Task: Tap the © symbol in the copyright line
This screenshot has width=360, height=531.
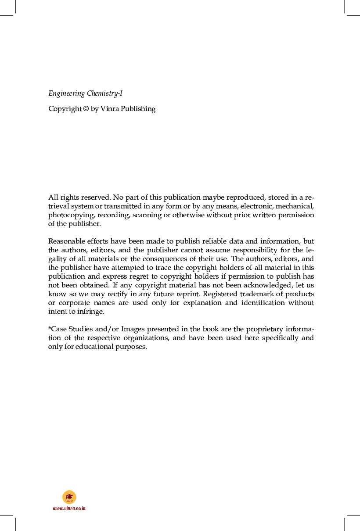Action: (86, 109)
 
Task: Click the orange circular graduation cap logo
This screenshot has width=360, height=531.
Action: (69, 497)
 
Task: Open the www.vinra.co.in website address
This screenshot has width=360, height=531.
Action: (69, 508)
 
